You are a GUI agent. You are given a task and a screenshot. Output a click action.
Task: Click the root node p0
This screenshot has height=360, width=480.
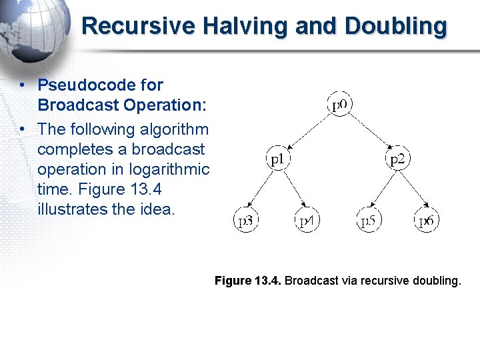pyautogui.click(x=341, y=105)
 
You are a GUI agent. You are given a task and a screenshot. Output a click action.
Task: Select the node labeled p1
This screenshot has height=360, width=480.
pyautogui.click(x=279, y=159)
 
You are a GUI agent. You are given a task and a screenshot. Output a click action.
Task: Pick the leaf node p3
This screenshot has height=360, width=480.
pyautogui.click(x=247, y=221)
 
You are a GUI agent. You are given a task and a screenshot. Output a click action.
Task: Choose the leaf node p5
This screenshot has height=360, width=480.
pyautogui.click(x=369, y=221)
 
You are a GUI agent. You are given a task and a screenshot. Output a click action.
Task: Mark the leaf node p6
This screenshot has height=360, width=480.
pyautogui.click(x=427, y=221)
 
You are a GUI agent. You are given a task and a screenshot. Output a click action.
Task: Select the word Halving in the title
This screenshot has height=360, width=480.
pyautogui.click(x=234, y=27)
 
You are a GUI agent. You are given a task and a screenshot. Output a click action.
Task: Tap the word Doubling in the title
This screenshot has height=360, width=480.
pyautogui.click(x=396, y=27)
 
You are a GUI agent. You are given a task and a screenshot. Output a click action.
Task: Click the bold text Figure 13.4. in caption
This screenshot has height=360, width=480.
pyautogui.click(x=248, y=281)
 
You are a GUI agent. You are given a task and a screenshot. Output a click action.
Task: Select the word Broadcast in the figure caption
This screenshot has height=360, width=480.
pyautogui.click(x=311, y=281)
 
